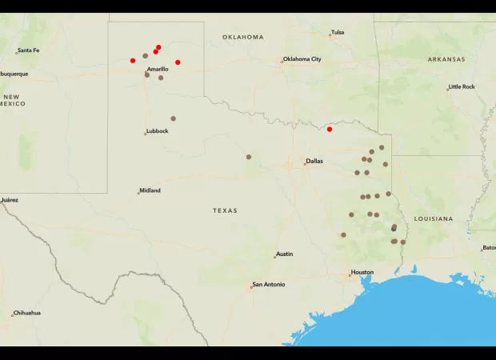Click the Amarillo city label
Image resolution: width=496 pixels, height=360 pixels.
[158, 69]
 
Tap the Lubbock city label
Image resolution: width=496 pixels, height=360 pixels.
[158, 131]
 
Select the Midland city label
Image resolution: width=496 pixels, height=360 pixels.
[150, 190]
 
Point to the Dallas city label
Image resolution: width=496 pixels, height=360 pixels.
[314, 161]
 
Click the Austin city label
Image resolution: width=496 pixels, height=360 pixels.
[284, 254]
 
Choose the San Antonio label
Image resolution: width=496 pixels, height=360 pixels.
[269, 284]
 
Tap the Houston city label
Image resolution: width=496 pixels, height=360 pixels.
[362, 272]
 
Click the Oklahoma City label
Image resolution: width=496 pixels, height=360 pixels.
[302, 58]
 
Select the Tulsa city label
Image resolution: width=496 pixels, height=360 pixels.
[338, 32]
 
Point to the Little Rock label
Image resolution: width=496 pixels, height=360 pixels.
[462, 86]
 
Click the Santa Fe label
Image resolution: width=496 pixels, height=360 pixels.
[28, 50]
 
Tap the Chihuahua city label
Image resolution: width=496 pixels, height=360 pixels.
[26, 313]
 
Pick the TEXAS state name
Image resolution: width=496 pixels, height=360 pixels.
[225, 210]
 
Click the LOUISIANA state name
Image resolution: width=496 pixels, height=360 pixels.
[434, 218]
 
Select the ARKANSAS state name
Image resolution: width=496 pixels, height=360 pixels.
[446, 59]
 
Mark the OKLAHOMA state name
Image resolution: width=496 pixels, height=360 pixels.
[242, 37]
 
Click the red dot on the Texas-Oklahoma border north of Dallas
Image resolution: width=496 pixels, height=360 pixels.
[330, 129]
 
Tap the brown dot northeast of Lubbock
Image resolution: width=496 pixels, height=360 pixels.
[173, 118]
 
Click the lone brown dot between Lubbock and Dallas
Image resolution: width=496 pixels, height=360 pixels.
[249, 157]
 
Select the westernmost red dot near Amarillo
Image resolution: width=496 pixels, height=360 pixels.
[133, 60]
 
